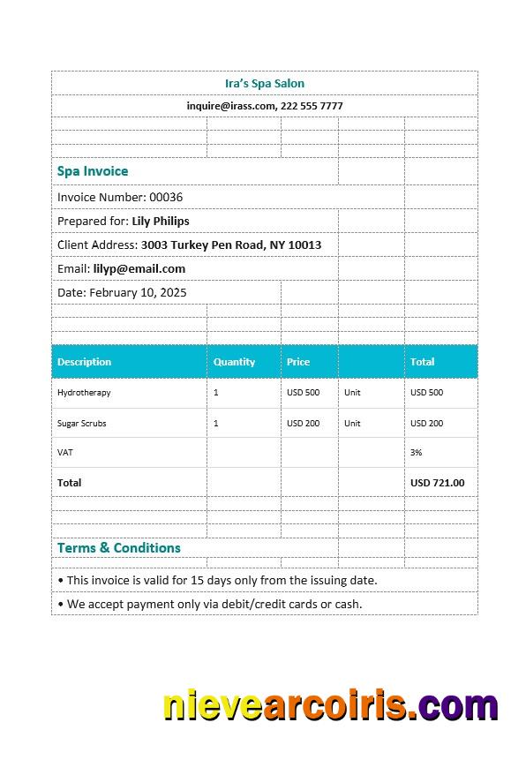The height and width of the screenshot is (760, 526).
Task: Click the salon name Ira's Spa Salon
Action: pyautogui.click(x=265, y=84)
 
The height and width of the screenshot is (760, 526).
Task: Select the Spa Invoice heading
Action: pyautogui.click(x=93, y=171)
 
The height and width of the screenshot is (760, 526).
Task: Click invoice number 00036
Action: pyautogui.click(x=166, y=197)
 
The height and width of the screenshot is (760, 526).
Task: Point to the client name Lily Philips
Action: pyautogui.click(x=161, y=221)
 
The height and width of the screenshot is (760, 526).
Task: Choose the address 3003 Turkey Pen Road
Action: pyautogui.click(x=231, y=245)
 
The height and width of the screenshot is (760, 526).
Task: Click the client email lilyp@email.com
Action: pyautogui.click(x=139, y=268)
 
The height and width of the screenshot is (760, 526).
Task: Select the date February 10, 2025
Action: pyautogui.click(x=138, y=292)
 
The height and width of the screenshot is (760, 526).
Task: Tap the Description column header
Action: pyautogui.click(x=85, y=362)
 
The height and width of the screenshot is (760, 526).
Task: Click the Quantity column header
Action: pyautogui.click(x=234, y=362)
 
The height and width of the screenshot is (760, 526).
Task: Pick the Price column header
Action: pyautogui.click(x=298, y=362)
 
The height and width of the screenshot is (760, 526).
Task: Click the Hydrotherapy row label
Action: pyautogui.click(x=84, y=393)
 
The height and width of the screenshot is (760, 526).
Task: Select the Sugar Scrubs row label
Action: pyautogui.click(x=82, y=424)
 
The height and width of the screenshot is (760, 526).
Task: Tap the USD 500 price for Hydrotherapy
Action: pyautogui.click(x=303, y=393)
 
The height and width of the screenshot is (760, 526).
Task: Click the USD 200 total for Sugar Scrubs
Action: pyautogui.click(x=426, y=424)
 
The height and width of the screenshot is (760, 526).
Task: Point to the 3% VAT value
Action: pyautogui.click(x=417, y=452)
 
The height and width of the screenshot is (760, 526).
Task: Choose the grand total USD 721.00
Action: pyautogui.click(x=437, y=483)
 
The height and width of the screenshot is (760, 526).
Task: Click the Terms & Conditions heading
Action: pyautogui.click(x=119, y=548)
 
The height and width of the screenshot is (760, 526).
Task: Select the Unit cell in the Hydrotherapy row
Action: pyautogui.click(x=352, y=393)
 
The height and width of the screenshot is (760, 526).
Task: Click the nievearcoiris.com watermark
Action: pyautogui.click(x=331, y=707)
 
